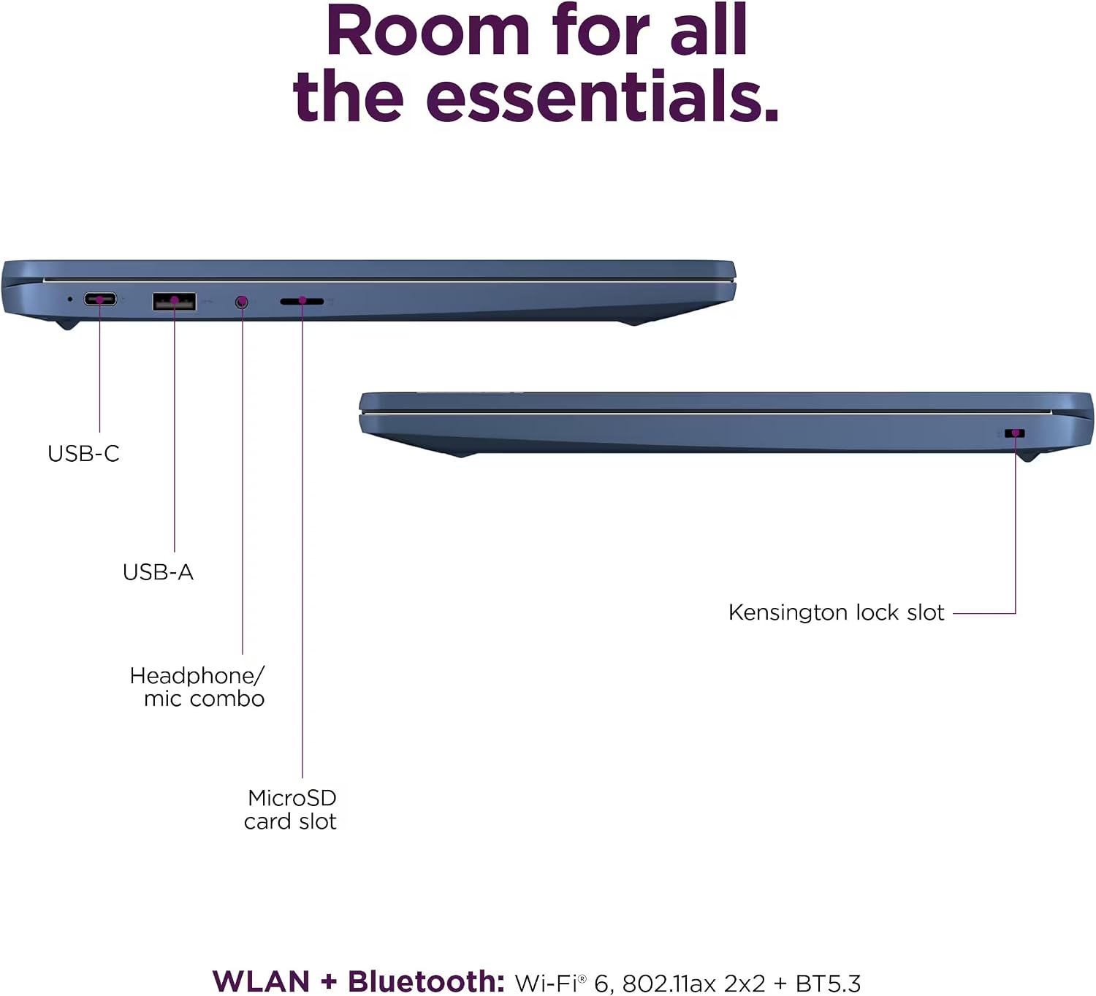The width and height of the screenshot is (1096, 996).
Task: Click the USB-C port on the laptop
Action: point(100,299)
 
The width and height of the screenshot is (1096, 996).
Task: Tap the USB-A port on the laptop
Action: point(174,301)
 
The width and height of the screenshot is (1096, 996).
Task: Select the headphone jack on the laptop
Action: point(242,302)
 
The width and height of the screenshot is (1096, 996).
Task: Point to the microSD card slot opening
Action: point(302,300)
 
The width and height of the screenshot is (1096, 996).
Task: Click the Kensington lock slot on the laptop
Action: point(1015,433)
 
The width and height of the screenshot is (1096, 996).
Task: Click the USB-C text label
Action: point(83,454)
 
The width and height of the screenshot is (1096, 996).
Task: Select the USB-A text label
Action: point(158,572)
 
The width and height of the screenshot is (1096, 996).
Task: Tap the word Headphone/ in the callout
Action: point(197,676)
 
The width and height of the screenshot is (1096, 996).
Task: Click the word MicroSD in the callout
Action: point(292,798)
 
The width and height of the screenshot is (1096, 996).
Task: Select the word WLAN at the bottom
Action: point(261,981)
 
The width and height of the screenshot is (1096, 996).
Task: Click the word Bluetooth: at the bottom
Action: point(426,981)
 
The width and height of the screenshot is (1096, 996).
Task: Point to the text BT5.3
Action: point(828,984)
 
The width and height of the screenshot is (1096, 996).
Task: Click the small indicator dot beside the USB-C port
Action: point(70,299)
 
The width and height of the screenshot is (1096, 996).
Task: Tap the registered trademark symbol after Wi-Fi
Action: point(582,978)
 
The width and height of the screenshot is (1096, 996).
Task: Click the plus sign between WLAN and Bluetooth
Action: point(329,982)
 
